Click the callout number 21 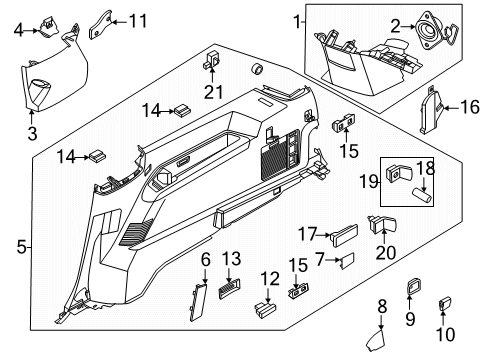[213, 92]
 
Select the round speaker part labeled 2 [428, 31]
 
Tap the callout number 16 [470, 107]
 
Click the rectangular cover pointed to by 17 [343, 235]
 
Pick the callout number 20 [386, 252]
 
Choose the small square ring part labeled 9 [413, 286]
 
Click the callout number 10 [445, 334]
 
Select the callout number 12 [270, 279]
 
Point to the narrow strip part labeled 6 [198, 302]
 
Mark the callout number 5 [21, 247]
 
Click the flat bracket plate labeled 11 [100, 24]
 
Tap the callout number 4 [19, 30]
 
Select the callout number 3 [32, 134]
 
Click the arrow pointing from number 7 [332, 259]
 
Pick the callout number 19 [369, 182]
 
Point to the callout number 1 [297, 22]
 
